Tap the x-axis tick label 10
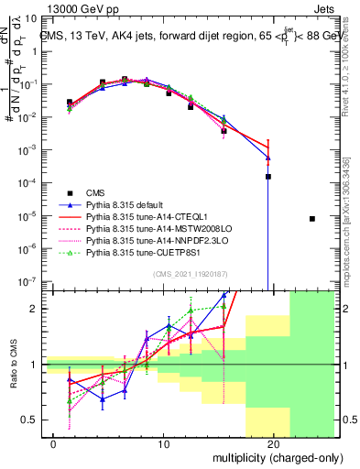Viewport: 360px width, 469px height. pos(163,444)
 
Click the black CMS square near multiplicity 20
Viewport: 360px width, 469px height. pos(268,177)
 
